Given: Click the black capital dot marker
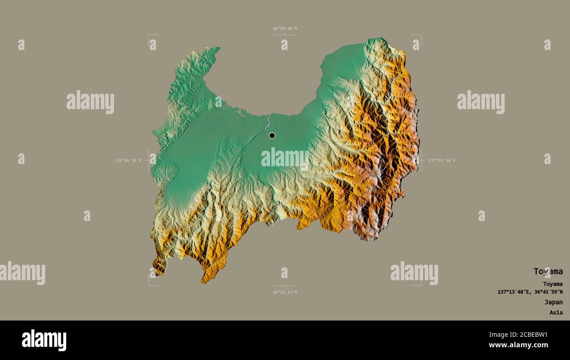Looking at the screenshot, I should coord(272,135).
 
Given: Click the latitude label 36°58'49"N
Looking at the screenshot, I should coord(285,29).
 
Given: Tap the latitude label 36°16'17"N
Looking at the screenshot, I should coord(285,292).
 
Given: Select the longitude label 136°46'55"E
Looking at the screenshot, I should coord(128,160).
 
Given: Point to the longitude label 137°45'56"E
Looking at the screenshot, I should coord(442,160).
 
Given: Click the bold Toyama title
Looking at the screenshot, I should coord(548,271).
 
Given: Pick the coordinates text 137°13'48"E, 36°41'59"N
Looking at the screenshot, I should coord(530,292).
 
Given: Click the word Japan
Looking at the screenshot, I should coord(553,302).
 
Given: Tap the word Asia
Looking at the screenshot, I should coord(556,313).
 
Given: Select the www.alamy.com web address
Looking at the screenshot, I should coord(520,345).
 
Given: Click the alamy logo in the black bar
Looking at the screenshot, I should coord(44,340).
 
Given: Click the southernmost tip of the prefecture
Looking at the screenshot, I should coord(203,282).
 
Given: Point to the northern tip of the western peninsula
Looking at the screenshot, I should coord(218,48).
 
